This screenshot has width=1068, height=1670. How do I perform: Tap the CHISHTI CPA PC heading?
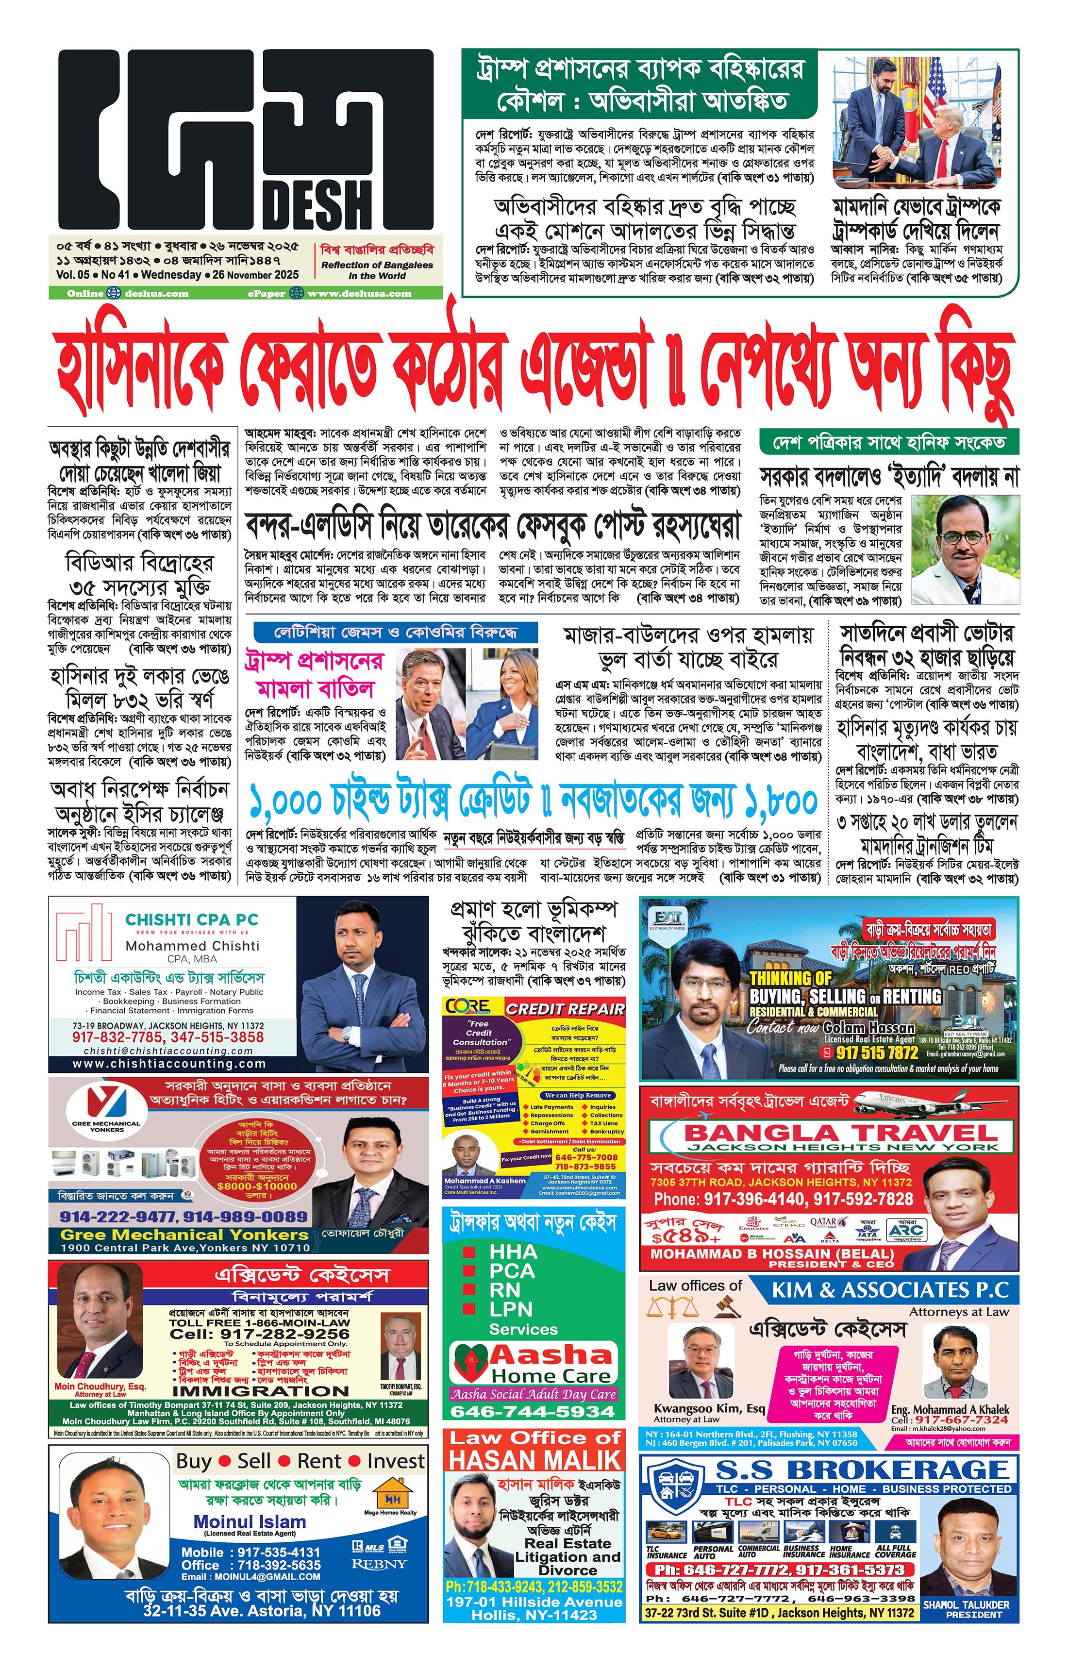point(191,919)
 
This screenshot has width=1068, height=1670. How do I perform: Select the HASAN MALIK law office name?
point(534,1460)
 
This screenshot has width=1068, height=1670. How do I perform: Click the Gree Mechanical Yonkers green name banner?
point(184,1235)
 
